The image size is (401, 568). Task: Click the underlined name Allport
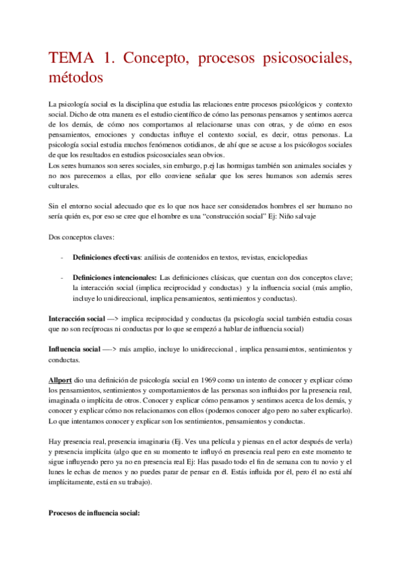pos(62,361)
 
